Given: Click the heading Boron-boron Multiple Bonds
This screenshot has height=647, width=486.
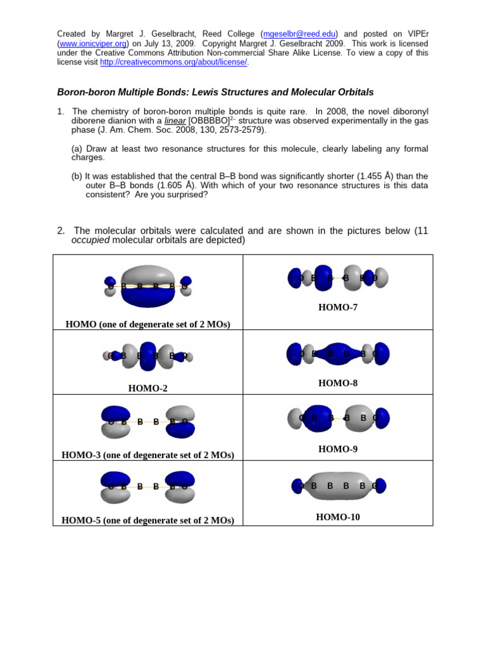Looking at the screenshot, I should point(215,92).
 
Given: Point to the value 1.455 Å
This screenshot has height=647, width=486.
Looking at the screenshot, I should point(373,176).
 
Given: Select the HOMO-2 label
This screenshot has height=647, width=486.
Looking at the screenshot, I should point(147,389).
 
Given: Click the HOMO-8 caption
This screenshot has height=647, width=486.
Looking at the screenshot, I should point(338,383).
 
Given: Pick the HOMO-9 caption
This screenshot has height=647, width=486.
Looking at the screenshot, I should point(338,449).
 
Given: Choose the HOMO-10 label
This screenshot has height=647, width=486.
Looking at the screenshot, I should point(338,517).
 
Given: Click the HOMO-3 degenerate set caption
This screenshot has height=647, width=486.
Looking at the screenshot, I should point(147,455).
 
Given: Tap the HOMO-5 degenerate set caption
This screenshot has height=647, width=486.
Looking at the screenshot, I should point(147,521).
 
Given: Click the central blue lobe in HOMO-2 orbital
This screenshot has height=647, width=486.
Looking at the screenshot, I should point(147,356).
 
